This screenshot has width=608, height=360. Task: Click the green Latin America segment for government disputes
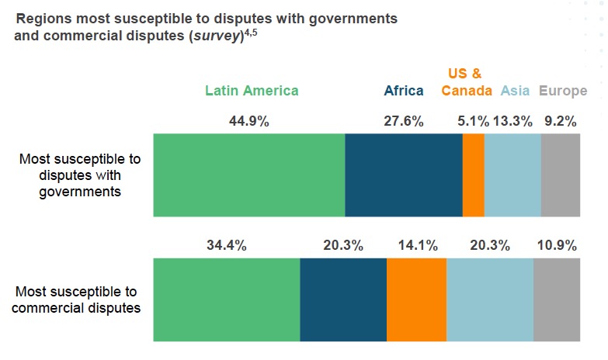pyautogui.click(x=249, y=175)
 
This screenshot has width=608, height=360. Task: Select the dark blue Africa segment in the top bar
pyautogui.click(x=404, y=175)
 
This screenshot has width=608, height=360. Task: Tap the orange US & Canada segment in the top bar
pyautogui.click(x=474, y=175)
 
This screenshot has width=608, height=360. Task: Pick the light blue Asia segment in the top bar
pyautogui.click(x=512, y=175)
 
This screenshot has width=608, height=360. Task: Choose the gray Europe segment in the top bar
pyautogui.click(x=561, y=175)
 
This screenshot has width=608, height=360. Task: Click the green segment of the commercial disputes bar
pyautogui.click(x=227, y=299)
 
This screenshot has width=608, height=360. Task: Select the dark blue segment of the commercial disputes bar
pyautogui.click(x=343, y=299)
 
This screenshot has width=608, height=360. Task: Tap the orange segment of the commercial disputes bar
pyautogui.click(x=416, y=299)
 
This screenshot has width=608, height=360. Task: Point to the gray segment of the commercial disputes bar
pyautogui.click(x=557, y=299)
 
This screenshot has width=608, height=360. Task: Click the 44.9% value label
pyautogui.click(x=249, y=121)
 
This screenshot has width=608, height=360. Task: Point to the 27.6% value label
pyautogui.click(x=404, y=121)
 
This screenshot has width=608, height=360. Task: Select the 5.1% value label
pyautogui.click(x=474, y=121)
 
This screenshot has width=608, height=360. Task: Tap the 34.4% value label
pyautogui.click(x=227, y=246)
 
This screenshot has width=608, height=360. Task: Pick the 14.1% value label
pyautogui.click(x=416, y=246)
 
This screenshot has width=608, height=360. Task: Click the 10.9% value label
pyautogui.click(x=557, y=246)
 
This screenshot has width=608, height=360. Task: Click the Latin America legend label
pyautogui.click(x=252, y=91)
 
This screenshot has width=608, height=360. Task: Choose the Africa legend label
pyautogui.click(x=404, y=91)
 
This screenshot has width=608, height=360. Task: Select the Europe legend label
pyautogui.click(x=563, y=91)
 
